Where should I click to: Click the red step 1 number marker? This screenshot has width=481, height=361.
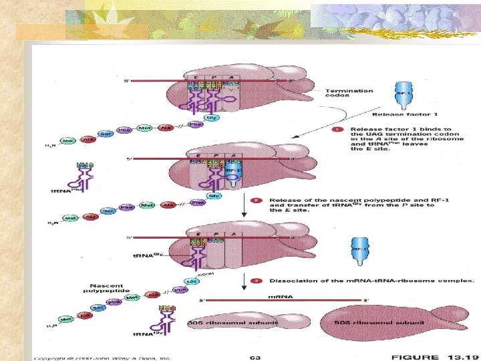339,129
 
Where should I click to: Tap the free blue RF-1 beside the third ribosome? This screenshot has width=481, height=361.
359,252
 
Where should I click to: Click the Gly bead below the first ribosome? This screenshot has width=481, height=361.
211,118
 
